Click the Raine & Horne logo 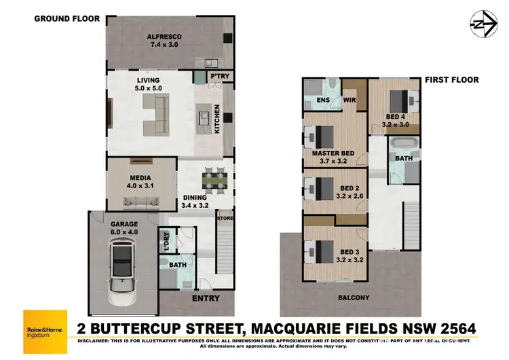tap(44, 323)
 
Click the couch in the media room tap(141, 201)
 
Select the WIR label tap(350, 100)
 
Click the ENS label tap(323, 100)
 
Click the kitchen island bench tap(204, 120)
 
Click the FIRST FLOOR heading tap(452, 79)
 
